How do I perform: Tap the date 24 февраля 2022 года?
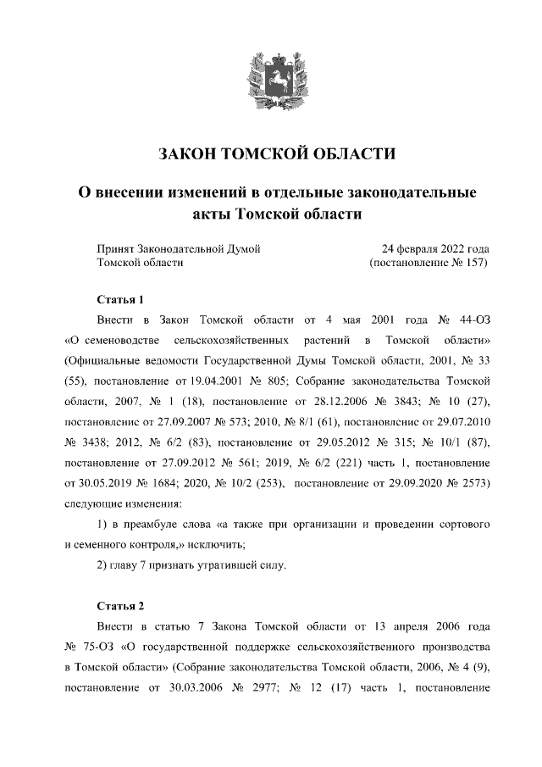coord(435,249)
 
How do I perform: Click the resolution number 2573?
coord(467,483)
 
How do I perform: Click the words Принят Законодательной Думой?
coord(179,249)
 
